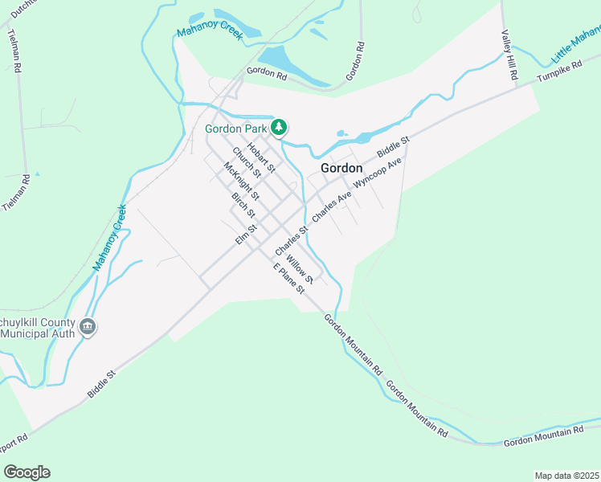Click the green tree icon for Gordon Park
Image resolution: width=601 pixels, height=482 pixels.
coord(279,127)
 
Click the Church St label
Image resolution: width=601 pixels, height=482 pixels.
coord(247,163)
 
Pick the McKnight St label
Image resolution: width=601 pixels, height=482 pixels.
coord(241,182)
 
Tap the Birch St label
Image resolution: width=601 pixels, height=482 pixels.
coord(243,206)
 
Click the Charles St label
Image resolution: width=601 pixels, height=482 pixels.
coord(292,239)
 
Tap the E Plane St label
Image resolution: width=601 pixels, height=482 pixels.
coord(288,279)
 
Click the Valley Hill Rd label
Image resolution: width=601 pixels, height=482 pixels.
coord(509,55)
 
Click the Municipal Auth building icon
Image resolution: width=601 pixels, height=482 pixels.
coord(88,327)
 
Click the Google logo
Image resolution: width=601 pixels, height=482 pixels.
coord(27,472)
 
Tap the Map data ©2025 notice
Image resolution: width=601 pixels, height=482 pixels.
coord(566,476)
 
